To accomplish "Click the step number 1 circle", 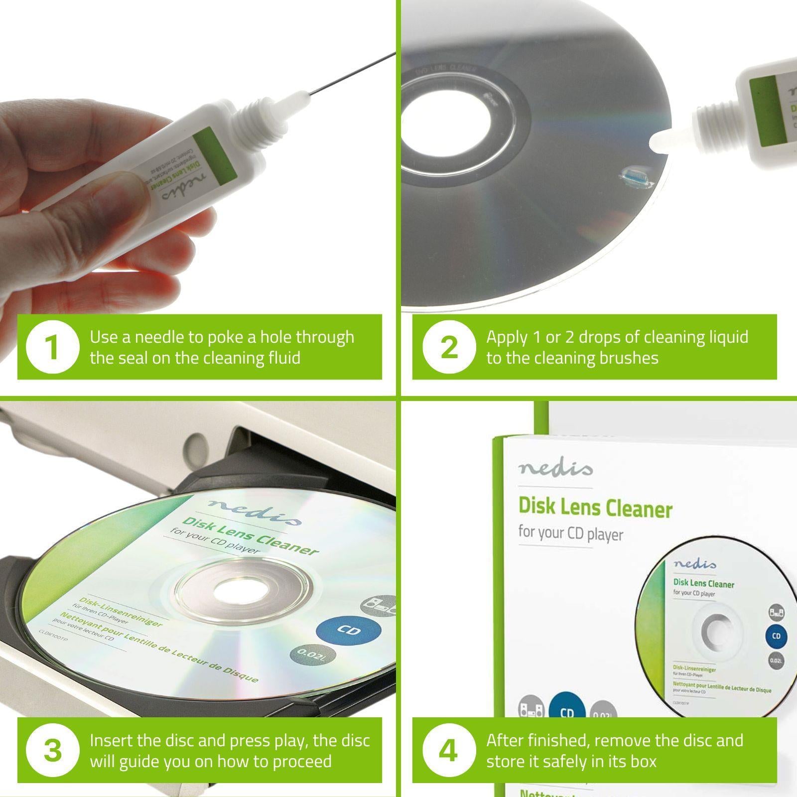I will coord(52,347).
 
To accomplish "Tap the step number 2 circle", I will coord(449,347).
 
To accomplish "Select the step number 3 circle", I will coord(52,750).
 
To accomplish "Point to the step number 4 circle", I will coord(449,750).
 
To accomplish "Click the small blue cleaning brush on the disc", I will coord(634,175).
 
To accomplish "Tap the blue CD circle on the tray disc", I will coord(349,630).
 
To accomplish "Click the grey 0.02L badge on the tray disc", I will coord(312,654).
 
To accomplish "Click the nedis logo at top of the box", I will coord(555,468).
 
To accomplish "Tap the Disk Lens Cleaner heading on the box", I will coord(595,507).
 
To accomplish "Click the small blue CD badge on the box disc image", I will coord(776,636).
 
